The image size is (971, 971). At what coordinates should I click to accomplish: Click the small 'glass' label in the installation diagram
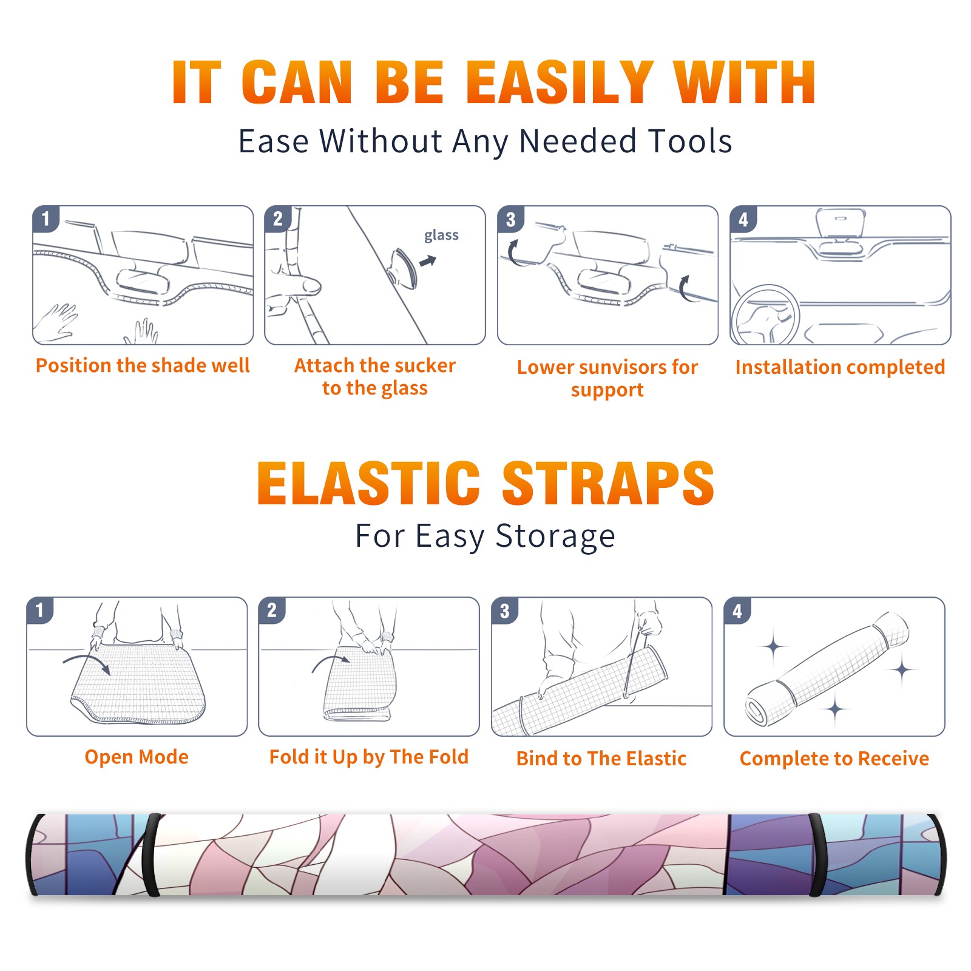click(441, 235)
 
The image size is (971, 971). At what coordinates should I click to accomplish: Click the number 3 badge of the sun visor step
click(510, 219)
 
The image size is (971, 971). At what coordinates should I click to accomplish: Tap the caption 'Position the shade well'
click(143, 365)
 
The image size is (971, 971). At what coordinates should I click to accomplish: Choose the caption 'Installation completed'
click(840, 367)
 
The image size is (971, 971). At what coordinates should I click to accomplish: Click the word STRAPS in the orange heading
click(608, 483)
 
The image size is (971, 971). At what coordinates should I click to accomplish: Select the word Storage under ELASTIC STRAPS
click(555, 536)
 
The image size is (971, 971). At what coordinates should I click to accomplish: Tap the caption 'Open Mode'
click(137, 757)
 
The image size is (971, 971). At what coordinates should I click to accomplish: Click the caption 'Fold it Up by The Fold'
click(369, 757)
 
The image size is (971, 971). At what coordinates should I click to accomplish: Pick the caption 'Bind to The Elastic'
click(601, 759)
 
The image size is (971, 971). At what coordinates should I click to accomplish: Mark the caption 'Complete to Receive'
click(834, 759)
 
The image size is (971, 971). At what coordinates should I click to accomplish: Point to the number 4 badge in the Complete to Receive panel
click(737, 611)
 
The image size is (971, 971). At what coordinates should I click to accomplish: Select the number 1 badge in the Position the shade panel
click(46, 218)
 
